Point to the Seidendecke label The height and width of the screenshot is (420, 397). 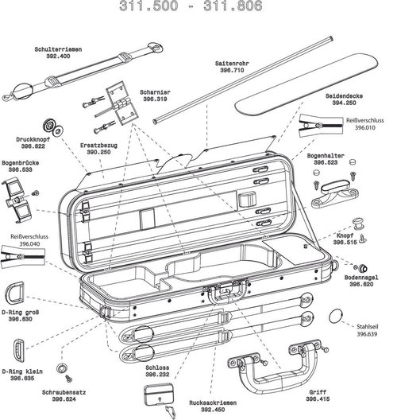point(344,95)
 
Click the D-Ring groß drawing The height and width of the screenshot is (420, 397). point(19,294)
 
